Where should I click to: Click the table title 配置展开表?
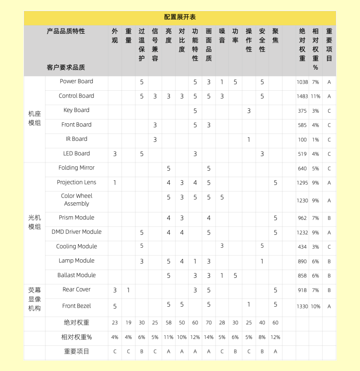(x=180, y=17)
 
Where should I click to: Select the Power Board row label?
(x=76, y=81)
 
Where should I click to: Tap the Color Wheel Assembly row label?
(x=76, y=200)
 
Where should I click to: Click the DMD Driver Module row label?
(x=76, y=232)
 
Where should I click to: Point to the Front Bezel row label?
(x=76, y=306)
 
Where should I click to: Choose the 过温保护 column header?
(x=142, y=45)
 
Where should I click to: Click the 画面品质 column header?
(x=209, y=45)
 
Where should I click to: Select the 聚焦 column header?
(x=275, y=36)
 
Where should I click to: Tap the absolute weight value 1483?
(x=302, y=96)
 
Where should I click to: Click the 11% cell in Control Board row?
(x=315, y=96)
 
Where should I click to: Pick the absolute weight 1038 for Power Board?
(x=302, y=82)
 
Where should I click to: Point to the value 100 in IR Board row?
(x=302, y=140)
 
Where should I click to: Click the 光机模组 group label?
(x=34, y=222)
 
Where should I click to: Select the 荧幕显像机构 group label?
(x=34, y=299)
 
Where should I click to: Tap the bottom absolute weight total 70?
(x=209, y=323)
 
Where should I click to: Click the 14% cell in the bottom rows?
(x=209, y=337)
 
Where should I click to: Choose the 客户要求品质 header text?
(x=66, y=67)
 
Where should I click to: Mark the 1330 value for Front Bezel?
(x=302, y=306)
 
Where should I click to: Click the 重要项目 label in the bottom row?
(x=76, y=352)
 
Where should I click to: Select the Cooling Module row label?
(x=76, y=246)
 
